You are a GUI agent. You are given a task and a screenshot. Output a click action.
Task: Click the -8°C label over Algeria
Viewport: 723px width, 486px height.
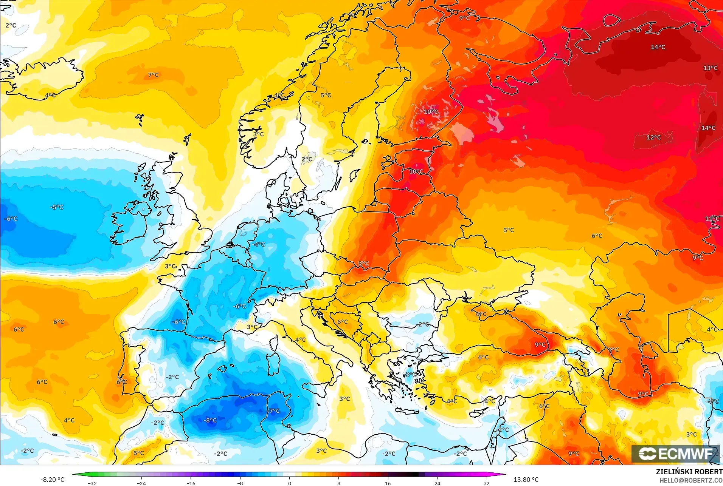[x=210, y=420]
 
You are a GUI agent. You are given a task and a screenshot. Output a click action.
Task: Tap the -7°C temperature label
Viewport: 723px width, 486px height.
[x=274, y=411]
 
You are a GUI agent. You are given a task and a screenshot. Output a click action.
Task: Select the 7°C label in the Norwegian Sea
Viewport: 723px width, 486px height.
[x=153, y=75]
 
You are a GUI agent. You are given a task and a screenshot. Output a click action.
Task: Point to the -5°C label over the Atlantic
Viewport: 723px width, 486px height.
[x=57, y=207]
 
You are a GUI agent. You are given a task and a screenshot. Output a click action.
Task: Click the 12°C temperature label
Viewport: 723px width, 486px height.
[x=653, y=137]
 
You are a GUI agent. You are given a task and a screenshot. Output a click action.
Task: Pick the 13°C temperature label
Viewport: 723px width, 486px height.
[x=710, y=68]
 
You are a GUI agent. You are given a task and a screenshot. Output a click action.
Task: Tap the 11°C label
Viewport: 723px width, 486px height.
[x=712, y=219]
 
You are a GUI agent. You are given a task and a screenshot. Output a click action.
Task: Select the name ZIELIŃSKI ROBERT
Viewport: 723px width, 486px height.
[x=689, y=472]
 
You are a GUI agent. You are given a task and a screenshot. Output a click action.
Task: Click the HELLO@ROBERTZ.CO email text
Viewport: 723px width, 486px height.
[x=691, y=480]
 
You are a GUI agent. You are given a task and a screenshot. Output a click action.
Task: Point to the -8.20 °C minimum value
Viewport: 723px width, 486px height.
[x=52, y=480]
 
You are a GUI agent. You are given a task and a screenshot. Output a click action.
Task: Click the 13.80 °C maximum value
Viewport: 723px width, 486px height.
[x=526, y=480]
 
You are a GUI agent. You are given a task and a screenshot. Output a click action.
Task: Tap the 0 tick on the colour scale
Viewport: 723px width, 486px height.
[x=290, y=483]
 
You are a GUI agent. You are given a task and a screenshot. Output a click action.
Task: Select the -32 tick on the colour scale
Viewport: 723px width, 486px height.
[x=92, y=483]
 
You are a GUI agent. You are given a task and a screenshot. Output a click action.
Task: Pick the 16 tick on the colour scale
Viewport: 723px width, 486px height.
[x=388, y=483]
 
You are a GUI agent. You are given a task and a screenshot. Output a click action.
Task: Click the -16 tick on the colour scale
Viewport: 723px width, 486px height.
[x=191, y=483]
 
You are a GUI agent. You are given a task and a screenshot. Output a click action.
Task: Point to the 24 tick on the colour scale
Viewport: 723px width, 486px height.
[x=437, y=483]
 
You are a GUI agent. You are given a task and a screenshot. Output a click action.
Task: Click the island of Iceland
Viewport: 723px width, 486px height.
[x=45, y=81]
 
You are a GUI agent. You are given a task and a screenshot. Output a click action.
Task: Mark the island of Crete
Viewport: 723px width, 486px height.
[x=407, y=410]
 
